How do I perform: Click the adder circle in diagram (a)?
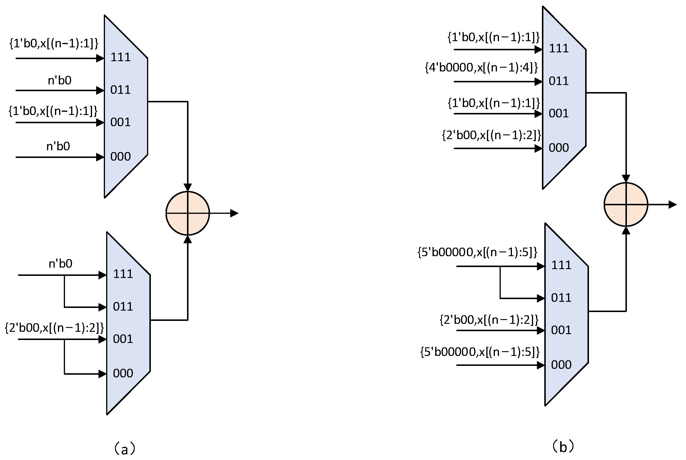[x=188, y=213]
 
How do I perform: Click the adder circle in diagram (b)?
[x=626, y=204]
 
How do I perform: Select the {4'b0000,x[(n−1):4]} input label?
[x=481, y=68]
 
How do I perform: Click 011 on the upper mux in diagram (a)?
[x=121, y=90]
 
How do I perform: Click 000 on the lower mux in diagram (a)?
[x=123, y=373]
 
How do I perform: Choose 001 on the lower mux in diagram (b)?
[x=561, y=330]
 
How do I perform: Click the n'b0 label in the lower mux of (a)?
[x=60, y=264]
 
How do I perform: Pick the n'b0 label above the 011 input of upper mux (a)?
[x=60, y=80]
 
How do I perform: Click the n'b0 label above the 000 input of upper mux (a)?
[x=58, y=146]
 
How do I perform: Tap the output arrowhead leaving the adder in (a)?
[x=234, y=213]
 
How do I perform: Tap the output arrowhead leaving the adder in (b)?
[x=672, y=204]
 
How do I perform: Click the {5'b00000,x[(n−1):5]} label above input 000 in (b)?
[x=480, y=352]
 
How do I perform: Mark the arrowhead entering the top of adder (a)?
[x=188, y=187]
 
